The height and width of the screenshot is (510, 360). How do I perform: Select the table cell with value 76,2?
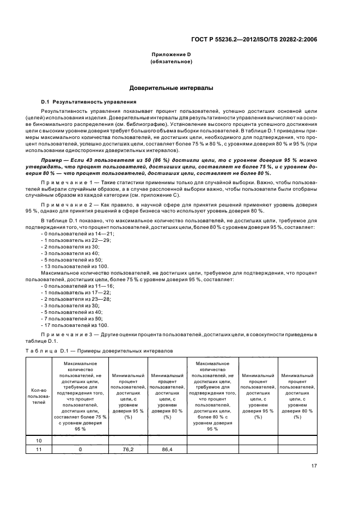click(128, 450)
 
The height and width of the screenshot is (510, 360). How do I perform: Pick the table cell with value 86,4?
click(167, 450)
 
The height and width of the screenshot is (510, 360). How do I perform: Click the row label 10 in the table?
click(39, 440)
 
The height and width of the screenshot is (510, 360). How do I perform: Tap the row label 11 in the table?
click(39, 450)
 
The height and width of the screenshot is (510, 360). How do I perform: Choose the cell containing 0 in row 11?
click(80, 450)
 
